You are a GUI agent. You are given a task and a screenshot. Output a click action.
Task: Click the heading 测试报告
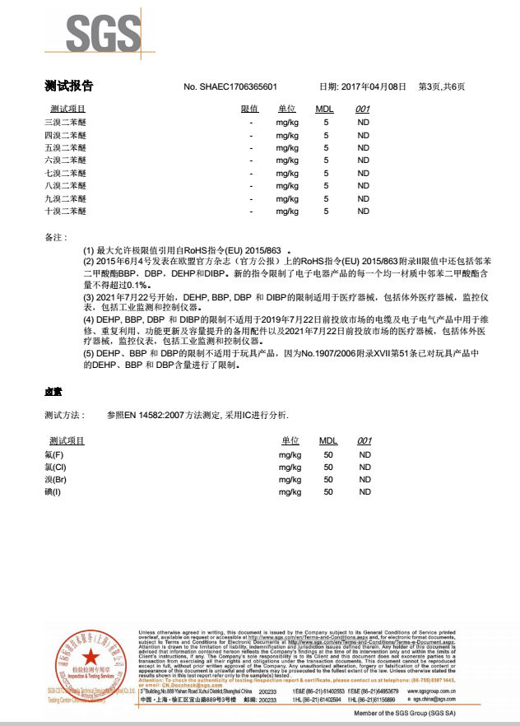click(68, 86)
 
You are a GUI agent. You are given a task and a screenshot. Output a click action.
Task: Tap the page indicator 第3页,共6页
click(442, 87)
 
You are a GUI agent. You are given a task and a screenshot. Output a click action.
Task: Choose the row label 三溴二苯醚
click(65, 122)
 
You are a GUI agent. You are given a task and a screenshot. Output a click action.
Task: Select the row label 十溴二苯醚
click(65, 212)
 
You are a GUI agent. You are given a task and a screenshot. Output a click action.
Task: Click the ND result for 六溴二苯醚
click(363, 161)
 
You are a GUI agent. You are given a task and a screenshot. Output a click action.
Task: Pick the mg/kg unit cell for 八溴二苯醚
click(287, 186)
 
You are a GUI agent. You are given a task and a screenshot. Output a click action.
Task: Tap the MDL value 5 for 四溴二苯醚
click(326, 135)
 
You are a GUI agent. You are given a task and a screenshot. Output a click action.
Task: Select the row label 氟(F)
click(54, 454)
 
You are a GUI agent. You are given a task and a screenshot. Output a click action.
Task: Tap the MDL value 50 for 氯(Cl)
click(328, 467)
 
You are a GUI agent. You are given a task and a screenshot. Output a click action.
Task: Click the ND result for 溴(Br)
click(364, 479)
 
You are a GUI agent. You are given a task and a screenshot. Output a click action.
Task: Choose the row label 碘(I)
click(53, 492)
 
